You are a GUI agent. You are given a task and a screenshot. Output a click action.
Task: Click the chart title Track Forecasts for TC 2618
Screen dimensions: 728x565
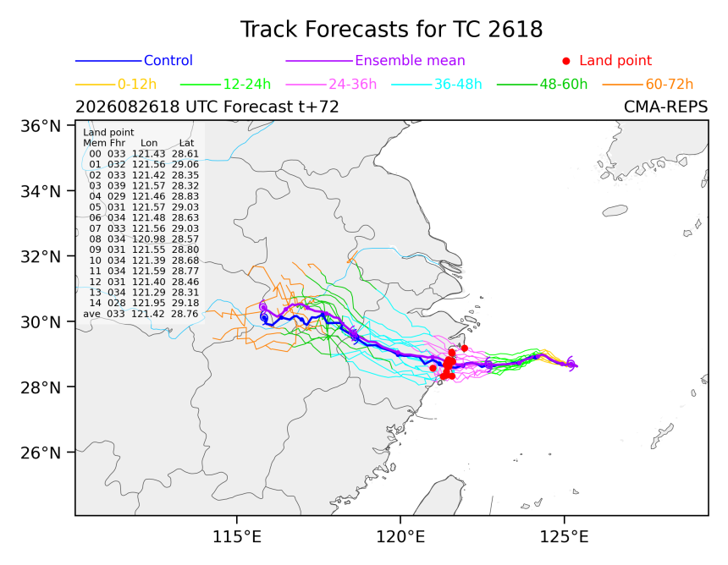pos(391,30)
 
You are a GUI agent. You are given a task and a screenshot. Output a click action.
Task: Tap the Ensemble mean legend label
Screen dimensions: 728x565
pos(410,60)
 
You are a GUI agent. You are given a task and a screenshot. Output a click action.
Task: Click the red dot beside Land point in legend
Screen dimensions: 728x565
pos(566,61)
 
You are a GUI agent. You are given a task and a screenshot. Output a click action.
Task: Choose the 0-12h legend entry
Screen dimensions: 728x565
pos(137,84)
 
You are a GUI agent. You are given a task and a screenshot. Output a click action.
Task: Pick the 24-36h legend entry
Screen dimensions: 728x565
pos(352,84)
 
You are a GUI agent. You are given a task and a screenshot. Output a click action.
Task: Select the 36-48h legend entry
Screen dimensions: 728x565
pos(458,84)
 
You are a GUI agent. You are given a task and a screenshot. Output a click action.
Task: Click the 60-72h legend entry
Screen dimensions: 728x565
pos(669,84)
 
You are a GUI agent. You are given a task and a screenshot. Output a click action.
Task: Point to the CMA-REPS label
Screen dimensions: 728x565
pos(666,107)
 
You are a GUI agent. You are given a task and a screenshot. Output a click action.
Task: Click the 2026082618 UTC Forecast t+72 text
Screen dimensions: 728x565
pos(207,107)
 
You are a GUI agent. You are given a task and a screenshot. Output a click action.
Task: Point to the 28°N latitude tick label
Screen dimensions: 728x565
pos(41,387)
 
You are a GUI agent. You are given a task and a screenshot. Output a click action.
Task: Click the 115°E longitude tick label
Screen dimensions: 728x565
pos(237,537)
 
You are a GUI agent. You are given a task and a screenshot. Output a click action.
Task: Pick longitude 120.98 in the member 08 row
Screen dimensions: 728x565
pos(149,239)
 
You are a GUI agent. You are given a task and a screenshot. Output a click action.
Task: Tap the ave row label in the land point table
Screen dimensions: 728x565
pos(91,314)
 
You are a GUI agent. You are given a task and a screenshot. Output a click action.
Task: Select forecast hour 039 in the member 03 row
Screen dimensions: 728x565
pos(117,185)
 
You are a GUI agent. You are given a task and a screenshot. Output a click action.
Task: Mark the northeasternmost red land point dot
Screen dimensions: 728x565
pos(464,348)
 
